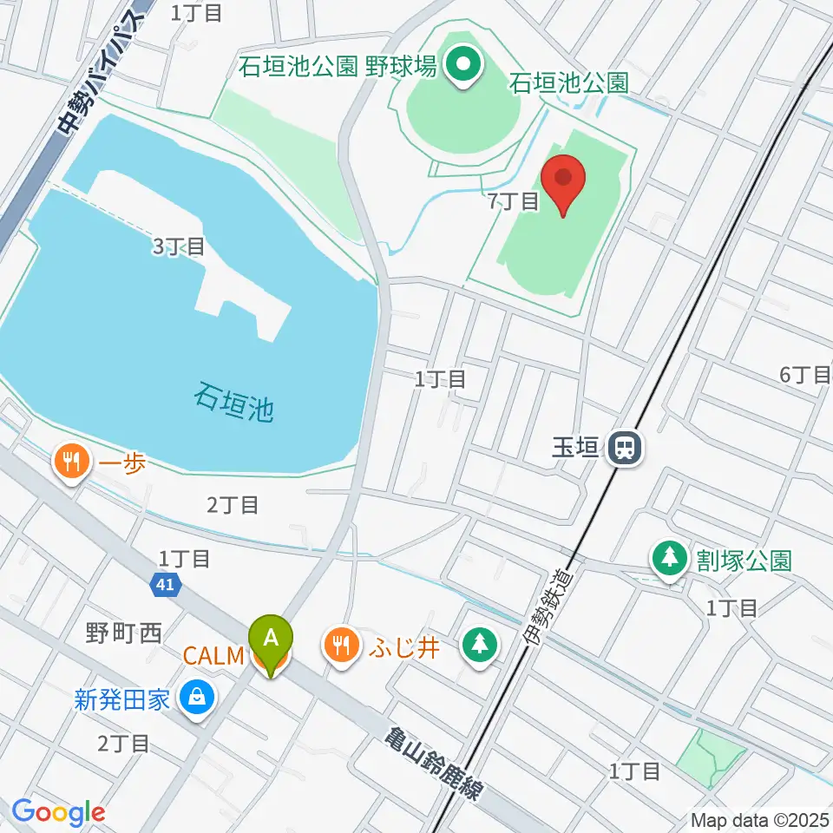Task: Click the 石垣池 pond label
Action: click(x=233, y=404)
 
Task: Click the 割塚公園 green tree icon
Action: click(x=669, y=560)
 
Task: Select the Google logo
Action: click(x=58, y=813)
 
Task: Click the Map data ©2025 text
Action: click(x=759, y=818)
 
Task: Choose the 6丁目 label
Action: click(x=804, y=375)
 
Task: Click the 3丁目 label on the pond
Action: click(x=178, y=246)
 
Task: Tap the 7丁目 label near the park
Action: click(x=514, y=201)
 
